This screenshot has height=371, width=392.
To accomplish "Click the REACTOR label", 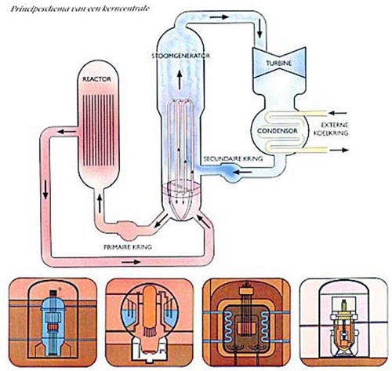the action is pyautogui.click(x=96, y=79).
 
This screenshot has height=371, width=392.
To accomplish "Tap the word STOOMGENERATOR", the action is pyautogui.click(x=181, y=56).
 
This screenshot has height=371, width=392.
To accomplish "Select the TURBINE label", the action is pyautogui.click(x=279, y=63).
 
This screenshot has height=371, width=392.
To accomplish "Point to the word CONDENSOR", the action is pyautogui.click(x=278, y=131).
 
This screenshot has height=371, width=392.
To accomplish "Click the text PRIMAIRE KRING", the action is pyautogui.click(x=128, y=247).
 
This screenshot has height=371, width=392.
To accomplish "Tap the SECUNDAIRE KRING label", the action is pyautogui.click(x=233, y=158).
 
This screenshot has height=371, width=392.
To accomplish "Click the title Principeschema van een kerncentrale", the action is pyautogui.click(x=80, y=9).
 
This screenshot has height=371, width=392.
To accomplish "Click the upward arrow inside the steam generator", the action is pyautogui.click(x=180, y=80).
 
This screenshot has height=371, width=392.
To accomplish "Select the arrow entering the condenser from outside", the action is pyautogui.click(x=338, y=113).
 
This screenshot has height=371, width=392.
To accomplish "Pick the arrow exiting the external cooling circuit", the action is pyautogui.click(x=339, y=150).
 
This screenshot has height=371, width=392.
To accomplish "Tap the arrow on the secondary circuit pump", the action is pyautogui.click(x=242, y=173).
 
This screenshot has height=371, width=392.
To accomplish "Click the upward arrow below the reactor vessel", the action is pyautogui.click(x=100, y=203).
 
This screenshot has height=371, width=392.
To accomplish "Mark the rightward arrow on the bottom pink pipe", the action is pyautogui.click(x=132, y=261).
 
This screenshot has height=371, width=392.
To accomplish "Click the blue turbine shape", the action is pyautogui.click(x=278, y=63).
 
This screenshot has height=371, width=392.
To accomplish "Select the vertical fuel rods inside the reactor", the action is pyautogui.click(x=98, y=130).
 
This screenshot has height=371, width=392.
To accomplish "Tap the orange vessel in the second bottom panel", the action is pyautogui.click(x=150, y=308).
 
